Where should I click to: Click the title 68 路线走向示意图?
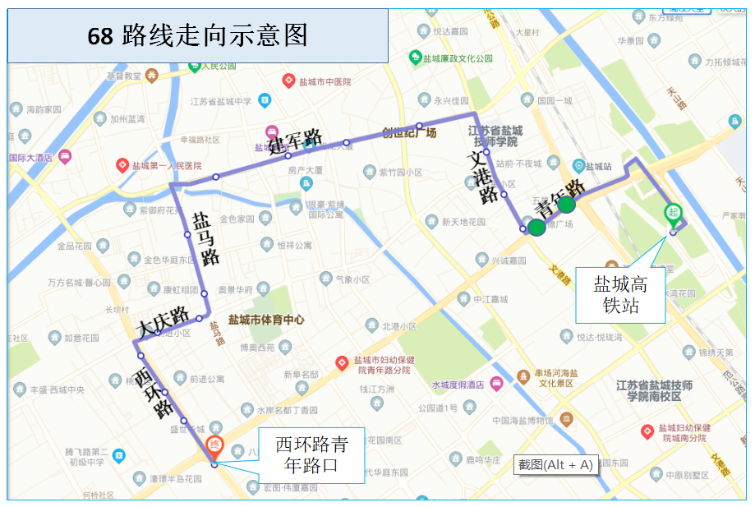click(x=197, y=35)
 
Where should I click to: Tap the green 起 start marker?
click(x=673, y=213)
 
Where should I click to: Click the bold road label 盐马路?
click(x=205, y=237)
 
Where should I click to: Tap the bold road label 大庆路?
click(x=163, y=323)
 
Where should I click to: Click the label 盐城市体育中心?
click(x=266, y=320)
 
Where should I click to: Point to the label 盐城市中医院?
click(x=323, y=81)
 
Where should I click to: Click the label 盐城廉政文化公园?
click(x=457, y=58)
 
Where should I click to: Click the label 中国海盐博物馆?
click(x=524, y=421)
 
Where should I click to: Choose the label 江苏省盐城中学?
click(x=220, y=101)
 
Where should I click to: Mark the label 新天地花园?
click(x=463, y=222)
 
